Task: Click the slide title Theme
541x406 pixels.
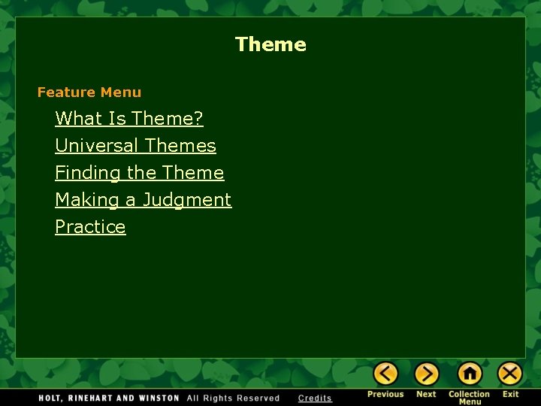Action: click(270, 44)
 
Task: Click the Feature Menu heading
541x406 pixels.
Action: click(89, 92)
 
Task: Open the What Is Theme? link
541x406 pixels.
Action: click(129, 119)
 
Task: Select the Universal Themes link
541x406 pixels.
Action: click(135, 146)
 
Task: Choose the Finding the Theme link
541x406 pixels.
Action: click(139, 173)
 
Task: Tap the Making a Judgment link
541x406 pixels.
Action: click(143, 200)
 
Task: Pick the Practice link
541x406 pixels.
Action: click(90, 227)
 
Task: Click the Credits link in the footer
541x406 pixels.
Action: click(315, 398)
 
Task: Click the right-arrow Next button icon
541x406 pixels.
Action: click(426, 374)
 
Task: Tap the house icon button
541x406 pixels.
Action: click(470, 374)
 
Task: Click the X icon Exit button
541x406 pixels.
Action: click(510, 374)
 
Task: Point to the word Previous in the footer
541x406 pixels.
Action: click(385, 395)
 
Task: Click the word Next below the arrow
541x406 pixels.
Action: click(426, 395)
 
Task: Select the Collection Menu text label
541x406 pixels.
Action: click(470, 398)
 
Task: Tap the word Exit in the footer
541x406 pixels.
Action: click(511, 395)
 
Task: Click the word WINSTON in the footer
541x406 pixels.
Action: click(159, 398)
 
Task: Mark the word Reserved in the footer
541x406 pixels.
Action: click(258, 398)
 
